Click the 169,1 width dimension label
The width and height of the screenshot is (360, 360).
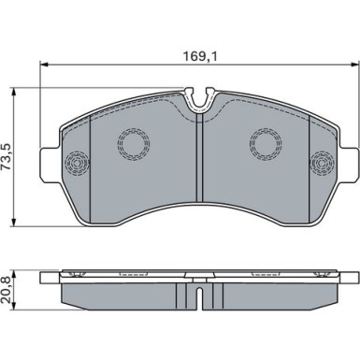pyautogui.click(x=200, y=56)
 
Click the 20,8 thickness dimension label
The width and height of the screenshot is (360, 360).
pyautogui.click(x=7, y=291)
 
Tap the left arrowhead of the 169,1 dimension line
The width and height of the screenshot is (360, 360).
pyautogui.click(x=44, y=65)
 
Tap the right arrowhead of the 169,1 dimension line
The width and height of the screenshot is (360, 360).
pyautogui.click(x=355, y=65)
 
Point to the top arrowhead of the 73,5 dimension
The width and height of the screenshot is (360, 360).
pyautogui.click(x=13, y=92)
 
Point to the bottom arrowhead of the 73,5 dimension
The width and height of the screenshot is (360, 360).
pyautogui.click(x=13, y=223)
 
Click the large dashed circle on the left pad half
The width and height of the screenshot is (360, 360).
pyautogui.click(x=134, y=144)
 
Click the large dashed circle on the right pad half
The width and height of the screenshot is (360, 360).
pyautogui.click(x=266, y=143)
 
